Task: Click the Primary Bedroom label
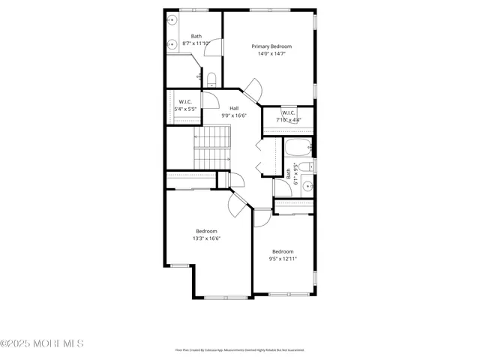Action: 271,46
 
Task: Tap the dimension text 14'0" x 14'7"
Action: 271,54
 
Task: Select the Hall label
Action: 234,108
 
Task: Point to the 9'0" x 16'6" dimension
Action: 234,115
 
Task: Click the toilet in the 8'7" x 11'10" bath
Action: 211,79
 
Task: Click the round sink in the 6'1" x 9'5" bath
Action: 306,187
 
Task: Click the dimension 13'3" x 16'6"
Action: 206,238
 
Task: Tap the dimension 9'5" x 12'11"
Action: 283,259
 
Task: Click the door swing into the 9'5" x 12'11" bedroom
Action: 262,217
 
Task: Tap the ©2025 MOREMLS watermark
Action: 42,343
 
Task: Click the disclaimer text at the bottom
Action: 239,349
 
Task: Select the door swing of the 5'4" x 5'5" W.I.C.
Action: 210,99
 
